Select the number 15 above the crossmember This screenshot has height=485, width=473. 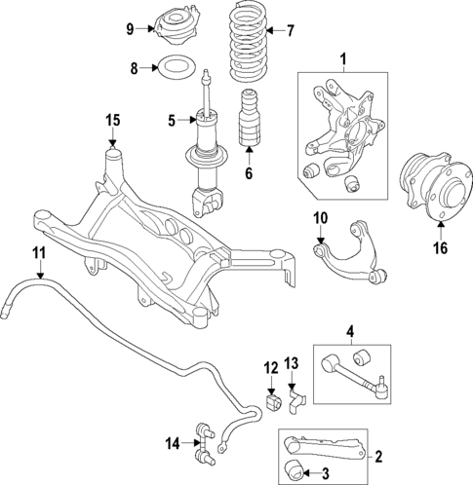click(x=113, y=120)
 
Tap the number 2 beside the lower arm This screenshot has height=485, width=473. click(x=379, y=455)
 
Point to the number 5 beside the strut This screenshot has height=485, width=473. click(x=172, y=121)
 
